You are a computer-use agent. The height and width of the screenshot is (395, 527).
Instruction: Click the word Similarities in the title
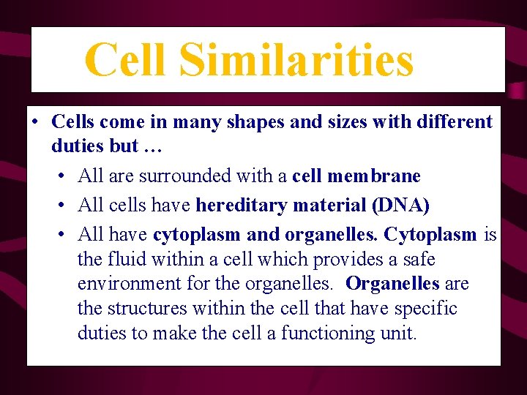click(x=296, y=60)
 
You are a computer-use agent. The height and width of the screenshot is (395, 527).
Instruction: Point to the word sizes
click(x=348, y=121)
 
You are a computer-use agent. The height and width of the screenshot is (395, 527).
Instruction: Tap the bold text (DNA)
click(x=400, y=206)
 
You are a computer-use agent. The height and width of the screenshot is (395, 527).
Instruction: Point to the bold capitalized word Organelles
click(x=392, y=284)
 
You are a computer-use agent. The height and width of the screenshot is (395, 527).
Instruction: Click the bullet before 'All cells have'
click(x=62, y=206)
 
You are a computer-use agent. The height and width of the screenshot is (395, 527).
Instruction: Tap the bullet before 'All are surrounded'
click(x=62, y=176)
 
